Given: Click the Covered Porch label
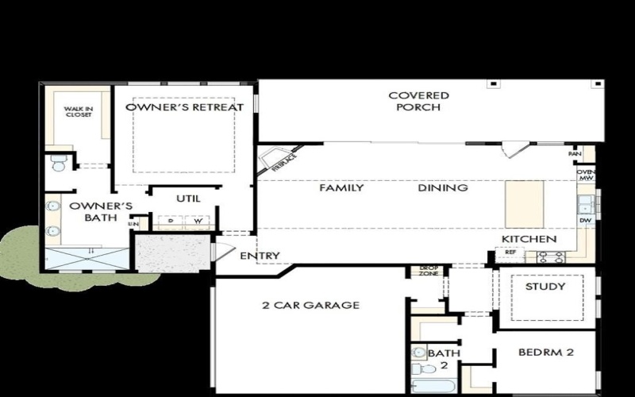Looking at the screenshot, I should pos(418,101).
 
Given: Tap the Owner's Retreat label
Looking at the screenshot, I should pos(184,107).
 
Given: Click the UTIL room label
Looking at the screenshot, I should pos(187,198).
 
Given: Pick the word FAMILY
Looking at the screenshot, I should pos(341,188).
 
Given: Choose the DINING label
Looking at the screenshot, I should pos(443,188).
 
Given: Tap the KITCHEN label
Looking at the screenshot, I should pos(528,239).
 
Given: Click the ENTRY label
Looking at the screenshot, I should pos(260,256).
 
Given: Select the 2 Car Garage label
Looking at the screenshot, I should pos(311,305).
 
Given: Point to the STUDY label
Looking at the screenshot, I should pos(545,287).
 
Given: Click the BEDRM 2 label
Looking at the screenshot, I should pos(545,353).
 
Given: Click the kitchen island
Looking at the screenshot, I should pos(525,203).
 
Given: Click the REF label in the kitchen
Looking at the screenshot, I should pos(510,252).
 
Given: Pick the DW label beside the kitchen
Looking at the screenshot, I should pos(585,220).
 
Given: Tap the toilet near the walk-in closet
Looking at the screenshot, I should pos(58,165).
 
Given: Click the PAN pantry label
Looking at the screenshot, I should pos(585,153).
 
